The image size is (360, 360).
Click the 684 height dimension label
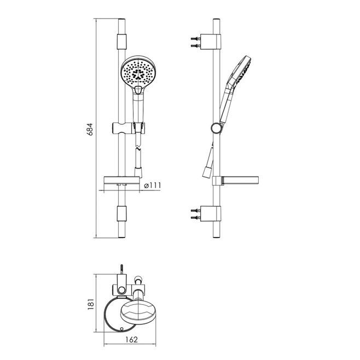point(90,129)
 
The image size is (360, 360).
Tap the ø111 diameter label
point(153,185)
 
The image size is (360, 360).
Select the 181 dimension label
point(91,304)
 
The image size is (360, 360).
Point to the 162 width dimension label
point(131,340)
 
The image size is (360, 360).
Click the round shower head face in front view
point(137,72)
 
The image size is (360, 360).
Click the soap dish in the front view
point(121,180)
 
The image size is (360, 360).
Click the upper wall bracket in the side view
point(211,42)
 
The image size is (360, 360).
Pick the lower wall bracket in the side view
point(211,214)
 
